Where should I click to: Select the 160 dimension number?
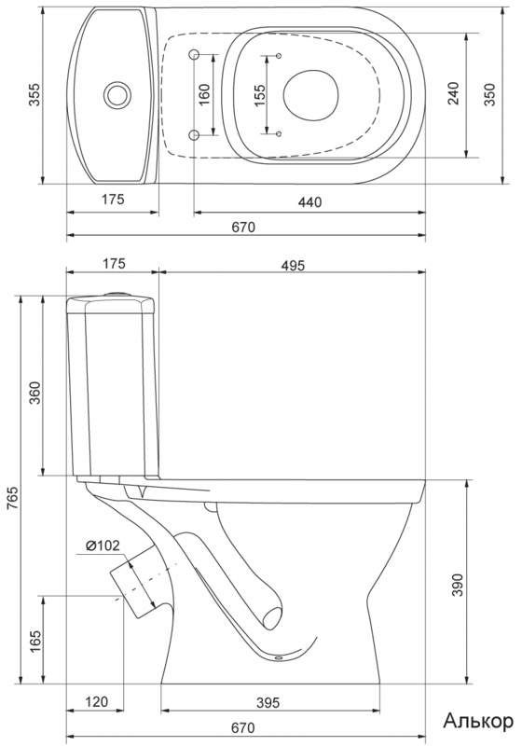tap(204, 95)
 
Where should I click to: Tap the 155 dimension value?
tap(259, 96)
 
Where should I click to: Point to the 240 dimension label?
tap(454, 93)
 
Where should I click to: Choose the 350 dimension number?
tap(489, 95)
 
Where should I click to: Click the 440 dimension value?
tap(310, 202)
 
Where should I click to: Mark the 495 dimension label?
tap(293, 265)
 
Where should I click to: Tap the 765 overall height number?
tap(13, 498)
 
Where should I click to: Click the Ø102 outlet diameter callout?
tap(103, 546)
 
